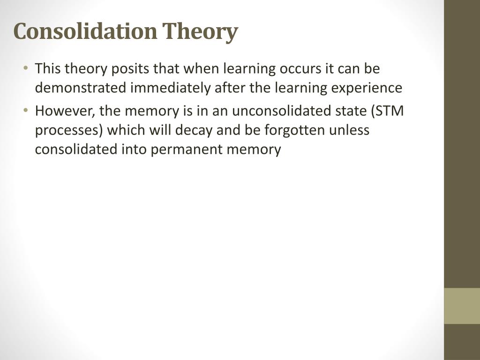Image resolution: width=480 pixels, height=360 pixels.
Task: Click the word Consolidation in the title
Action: pyautogui.click(x=85, y=31)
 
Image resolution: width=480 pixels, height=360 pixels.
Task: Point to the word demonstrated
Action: pyautogui.click(x=81, y=88)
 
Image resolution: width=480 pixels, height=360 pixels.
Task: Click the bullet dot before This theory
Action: pyautogui.click(x=26, y=68)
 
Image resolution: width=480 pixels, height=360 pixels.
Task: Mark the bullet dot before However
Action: pyautogui.click(x=26, y=110)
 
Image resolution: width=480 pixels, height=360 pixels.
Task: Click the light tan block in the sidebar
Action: pyautogui.click(x=462, y=306)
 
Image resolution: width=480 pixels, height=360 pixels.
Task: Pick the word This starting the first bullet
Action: pyautogui.click(x=47, y=68)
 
